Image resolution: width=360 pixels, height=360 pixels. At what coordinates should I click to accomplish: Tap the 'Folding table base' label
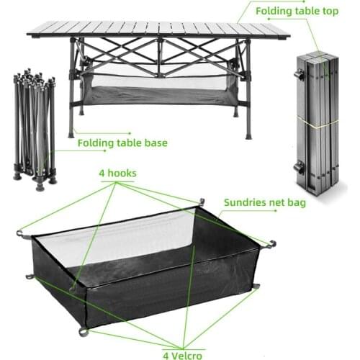pyautogui.click(x=122, y=143)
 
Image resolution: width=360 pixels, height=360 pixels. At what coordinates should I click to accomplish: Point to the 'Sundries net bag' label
pyautogui.click(x=265, y=203)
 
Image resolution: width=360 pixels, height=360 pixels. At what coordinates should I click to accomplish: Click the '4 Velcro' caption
pyautogui.click(x=184, y=354)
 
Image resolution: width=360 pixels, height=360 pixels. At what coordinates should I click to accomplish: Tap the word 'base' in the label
pyautogui.click(x=156, y=143)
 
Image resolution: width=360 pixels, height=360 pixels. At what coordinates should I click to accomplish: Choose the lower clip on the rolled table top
pyautogui.click(x=297, y=166)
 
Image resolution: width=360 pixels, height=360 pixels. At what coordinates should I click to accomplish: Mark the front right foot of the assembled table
pyautogui.click(x=248, y=135)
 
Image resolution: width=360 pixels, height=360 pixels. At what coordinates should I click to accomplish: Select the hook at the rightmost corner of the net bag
pyautogui.click(x=271, y=243)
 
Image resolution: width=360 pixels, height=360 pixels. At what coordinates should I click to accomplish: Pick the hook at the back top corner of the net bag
pyautogui.click(x=202, y=202)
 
